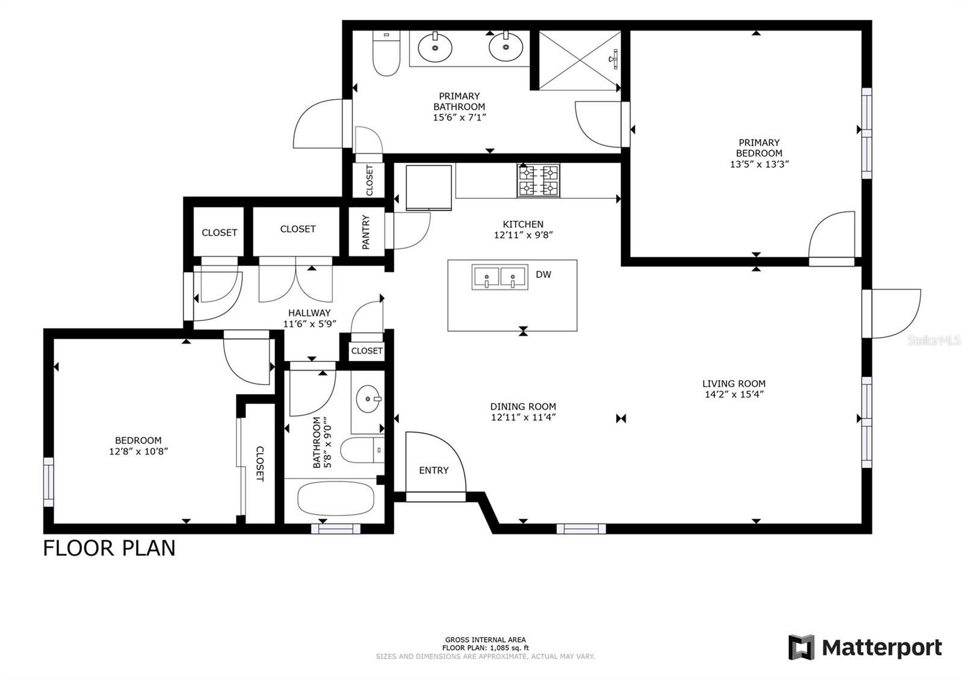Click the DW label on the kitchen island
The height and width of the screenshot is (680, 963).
point(543,274)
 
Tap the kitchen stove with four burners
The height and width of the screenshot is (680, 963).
point(538,181)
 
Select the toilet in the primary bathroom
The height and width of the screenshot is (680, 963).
point(386,53)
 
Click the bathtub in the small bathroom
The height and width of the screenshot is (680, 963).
point(335,498)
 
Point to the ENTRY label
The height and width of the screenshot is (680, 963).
point(434,471)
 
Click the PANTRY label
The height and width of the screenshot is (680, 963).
point(365,232)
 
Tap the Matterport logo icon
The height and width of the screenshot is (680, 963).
point(801,647)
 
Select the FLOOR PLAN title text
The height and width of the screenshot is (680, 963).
point(109,548)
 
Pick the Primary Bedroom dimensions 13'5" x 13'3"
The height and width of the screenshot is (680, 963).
point(759,164)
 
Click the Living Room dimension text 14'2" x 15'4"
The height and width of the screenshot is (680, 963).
point(734,395)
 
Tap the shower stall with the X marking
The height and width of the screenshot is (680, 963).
point(580,60)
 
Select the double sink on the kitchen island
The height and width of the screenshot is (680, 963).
point(500,277)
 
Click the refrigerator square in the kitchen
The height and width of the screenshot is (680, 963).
point(429,188)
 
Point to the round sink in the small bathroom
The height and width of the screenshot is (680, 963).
point(368,399)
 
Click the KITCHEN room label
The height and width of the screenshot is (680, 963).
point(523,224)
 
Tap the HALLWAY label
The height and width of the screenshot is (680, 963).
point(309,313)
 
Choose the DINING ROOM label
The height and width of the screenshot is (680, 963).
point(523,407)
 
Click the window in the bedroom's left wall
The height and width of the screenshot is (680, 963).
point(49,482)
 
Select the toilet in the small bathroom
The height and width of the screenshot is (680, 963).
point(362,450)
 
